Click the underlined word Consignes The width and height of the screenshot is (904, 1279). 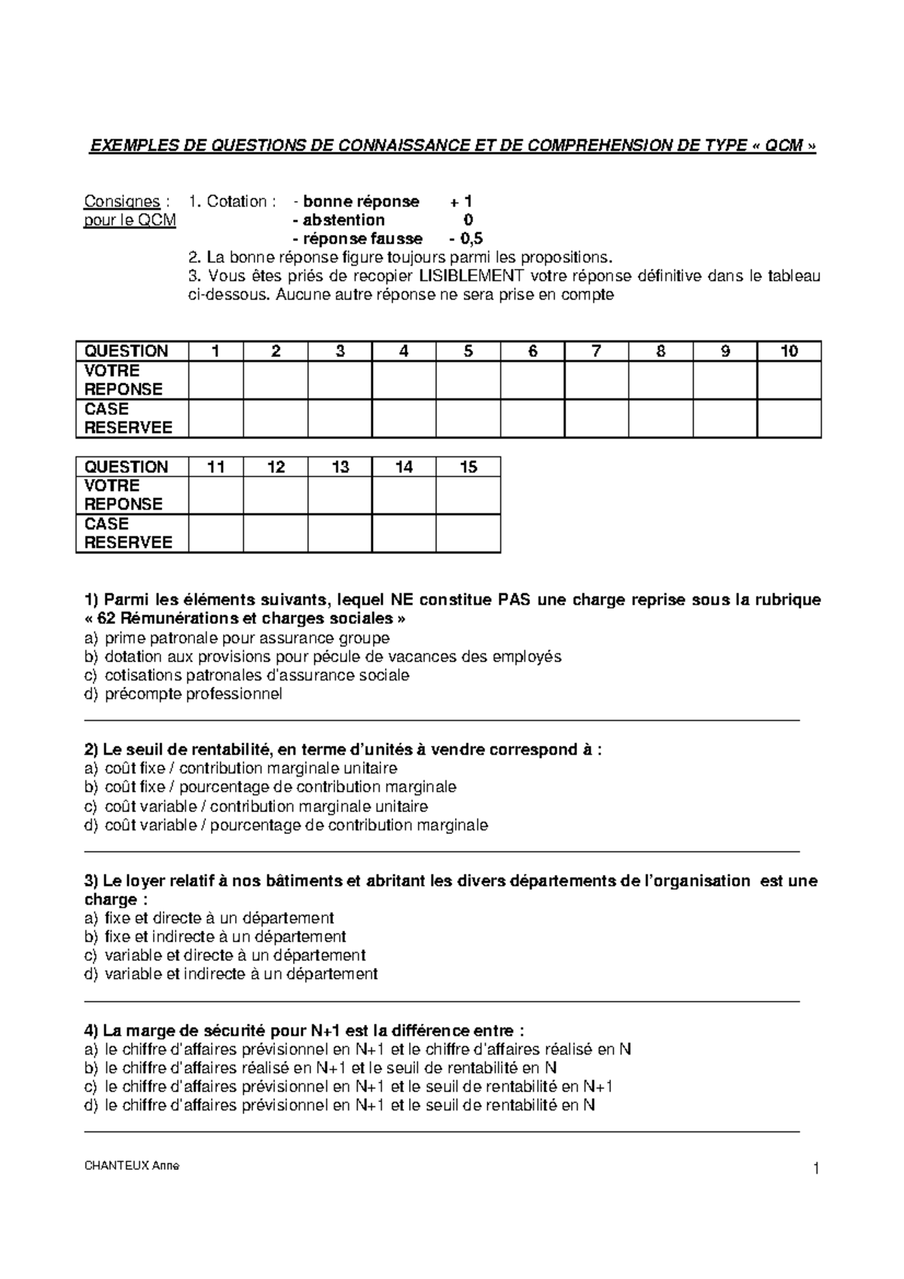pos(121,202)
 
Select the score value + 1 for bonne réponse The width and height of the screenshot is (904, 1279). pos(461,202)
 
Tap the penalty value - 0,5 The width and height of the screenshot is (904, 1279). pos(466,239)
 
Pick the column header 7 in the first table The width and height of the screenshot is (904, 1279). pos(597,351)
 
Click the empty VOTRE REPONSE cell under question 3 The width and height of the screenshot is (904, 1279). pos(340,380)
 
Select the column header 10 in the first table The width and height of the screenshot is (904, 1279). pos(789,351)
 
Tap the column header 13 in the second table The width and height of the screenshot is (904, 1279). pos(340,467)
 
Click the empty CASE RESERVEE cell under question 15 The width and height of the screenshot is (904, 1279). pos(468,533)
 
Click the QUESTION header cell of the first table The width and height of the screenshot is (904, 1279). pos(127,351)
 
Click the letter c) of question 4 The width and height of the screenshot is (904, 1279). pos(91,1087)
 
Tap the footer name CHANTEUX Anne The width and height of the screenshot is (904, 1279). pos(131,1167)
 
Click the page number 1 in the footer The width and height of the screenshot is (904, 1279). pos(815,1169)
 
